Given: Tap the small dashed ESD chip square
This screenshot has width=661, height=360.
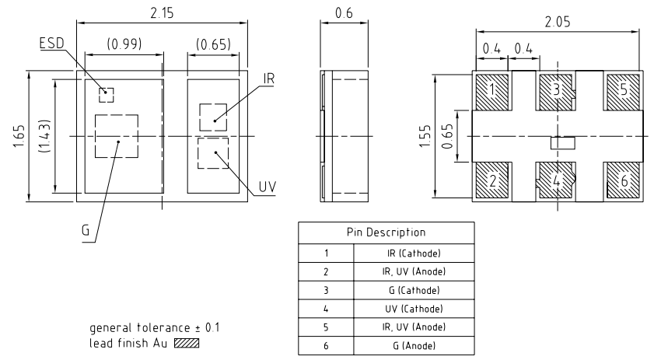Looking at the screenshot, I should pyautogui.click(x=107, y=95).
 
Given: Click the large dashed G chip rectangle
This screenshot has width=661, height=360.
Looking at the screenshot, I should pyautogui.click(x=116, y=137).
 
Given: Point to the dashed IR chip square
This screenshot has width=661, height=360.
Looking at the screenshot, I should pyautogui.click(x=212, y=117).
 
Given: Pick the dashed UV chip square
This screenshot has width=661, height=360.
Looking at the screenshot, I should pyautogui.click(x=212, y=153).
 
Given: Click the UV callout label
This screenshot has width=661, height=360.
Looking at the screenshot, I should pyautogui.click(x=268, y=187).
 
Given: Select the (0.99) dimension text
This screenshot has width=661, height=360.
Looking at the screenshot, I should pyautogui.click(x=124, y=44).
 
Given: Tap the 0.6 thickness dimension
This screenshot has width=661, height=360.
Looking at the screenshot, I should pyautogui.click(x=343, y=12).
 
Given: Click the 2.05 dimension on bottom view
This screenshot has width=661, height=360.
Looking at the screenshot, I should pyautogui.click(x=556, y=23).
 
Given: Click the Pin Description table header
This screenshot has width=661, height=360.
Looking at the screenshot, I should pyautogui.click(x=386, y=232).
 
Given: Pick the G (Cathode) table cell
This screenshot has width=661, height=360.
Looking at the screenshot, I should pyautogui.click(x=414, y=289).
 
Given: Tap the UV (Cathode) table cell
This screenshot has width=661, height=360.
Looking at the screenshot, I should pyautogui.click(x=414, y=308).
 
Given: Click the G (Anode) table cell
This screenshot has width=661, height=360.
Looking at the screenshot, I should pyautogui.click(x=414, y=344).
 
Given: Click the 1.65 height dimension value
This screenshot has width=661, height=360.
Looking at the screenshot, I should pyautogui.click(x=17, y=137).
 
